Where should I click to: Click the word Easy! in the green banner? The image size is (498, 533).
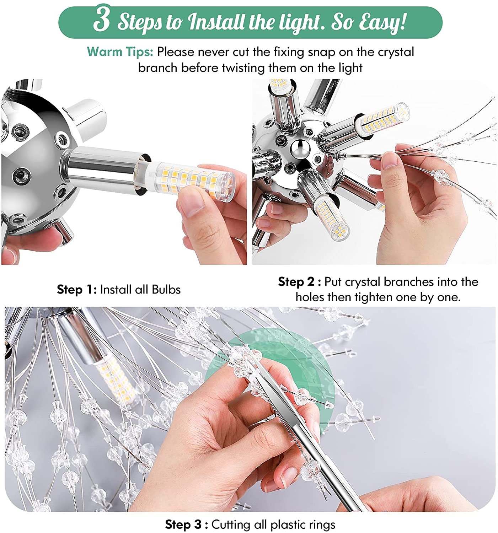coord(383,22)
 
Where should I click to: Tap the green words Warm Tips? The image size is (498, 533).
coord(120,52)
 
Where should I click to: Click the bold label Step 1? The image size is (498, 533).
coord(77,290)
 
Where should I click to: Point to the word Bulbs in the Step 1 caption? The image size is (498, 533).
coord(166,290)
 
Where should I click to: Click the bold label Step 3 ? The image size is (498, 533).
coord(186,524)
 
